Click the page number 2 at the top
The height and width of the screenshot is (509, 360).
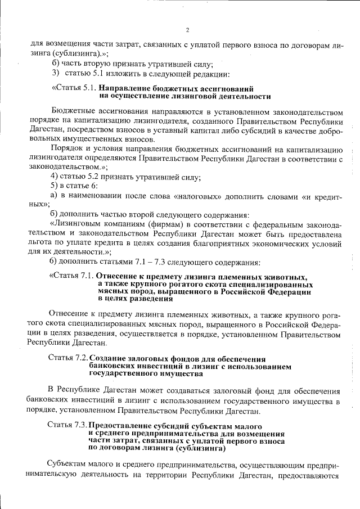coord(188,30)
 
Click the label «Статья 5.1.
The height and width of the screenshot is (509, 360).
coord(75,88)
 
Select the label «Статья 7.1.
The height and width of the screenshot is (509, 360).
coord(71,276)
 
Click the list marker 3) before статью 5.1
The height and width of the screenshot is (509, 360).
coord(55,73)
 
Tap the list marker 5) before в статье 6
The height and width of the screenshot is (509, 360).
coord(55,186)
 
